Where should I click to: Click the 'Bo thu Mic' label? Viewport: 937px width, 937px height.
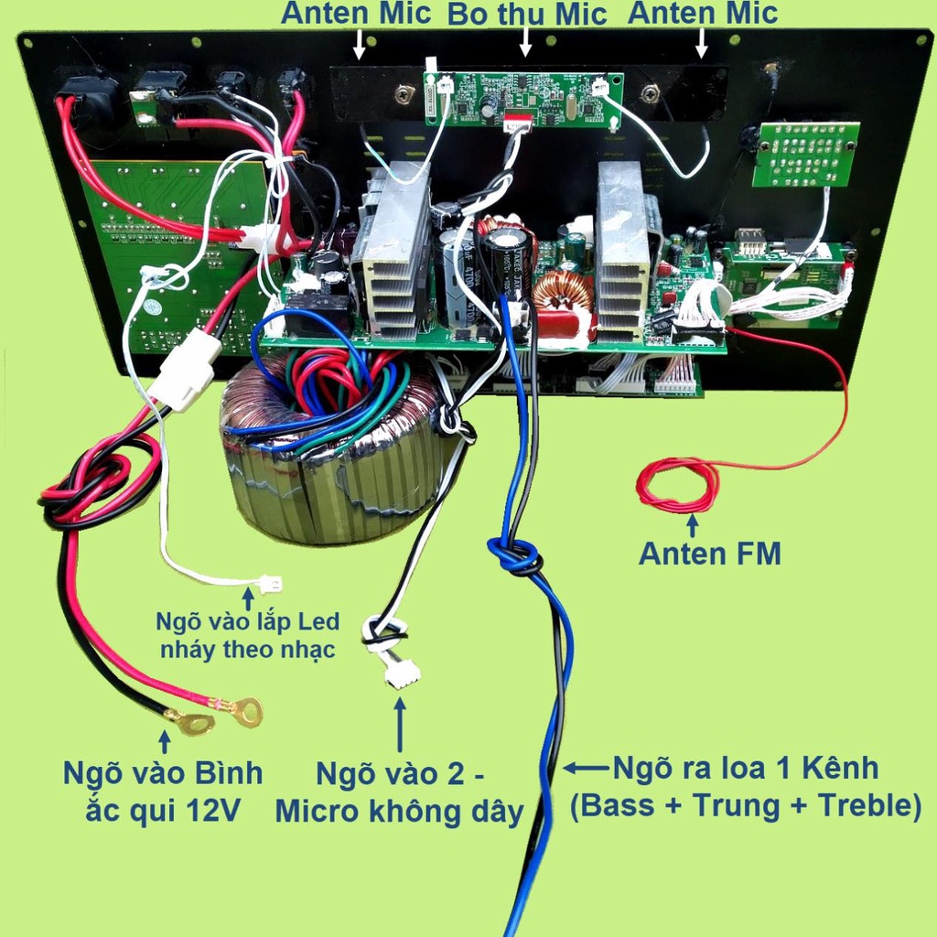[526, 15]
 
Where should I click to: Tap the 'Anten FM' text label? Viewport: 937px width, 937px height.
[709, 554]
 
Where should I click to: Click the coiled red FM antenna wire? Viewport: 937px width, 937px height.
[678, 485]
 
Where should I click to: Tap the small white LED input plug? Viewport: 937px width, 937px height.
[271, 584]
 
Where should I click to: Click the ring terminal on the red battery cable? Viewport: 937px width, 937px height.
[244, 710]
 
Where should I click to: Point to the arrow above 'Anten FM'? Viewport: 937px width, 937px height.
[692, 525]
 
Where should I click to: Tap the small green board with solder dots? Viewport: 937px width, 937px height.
[805, 154]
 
